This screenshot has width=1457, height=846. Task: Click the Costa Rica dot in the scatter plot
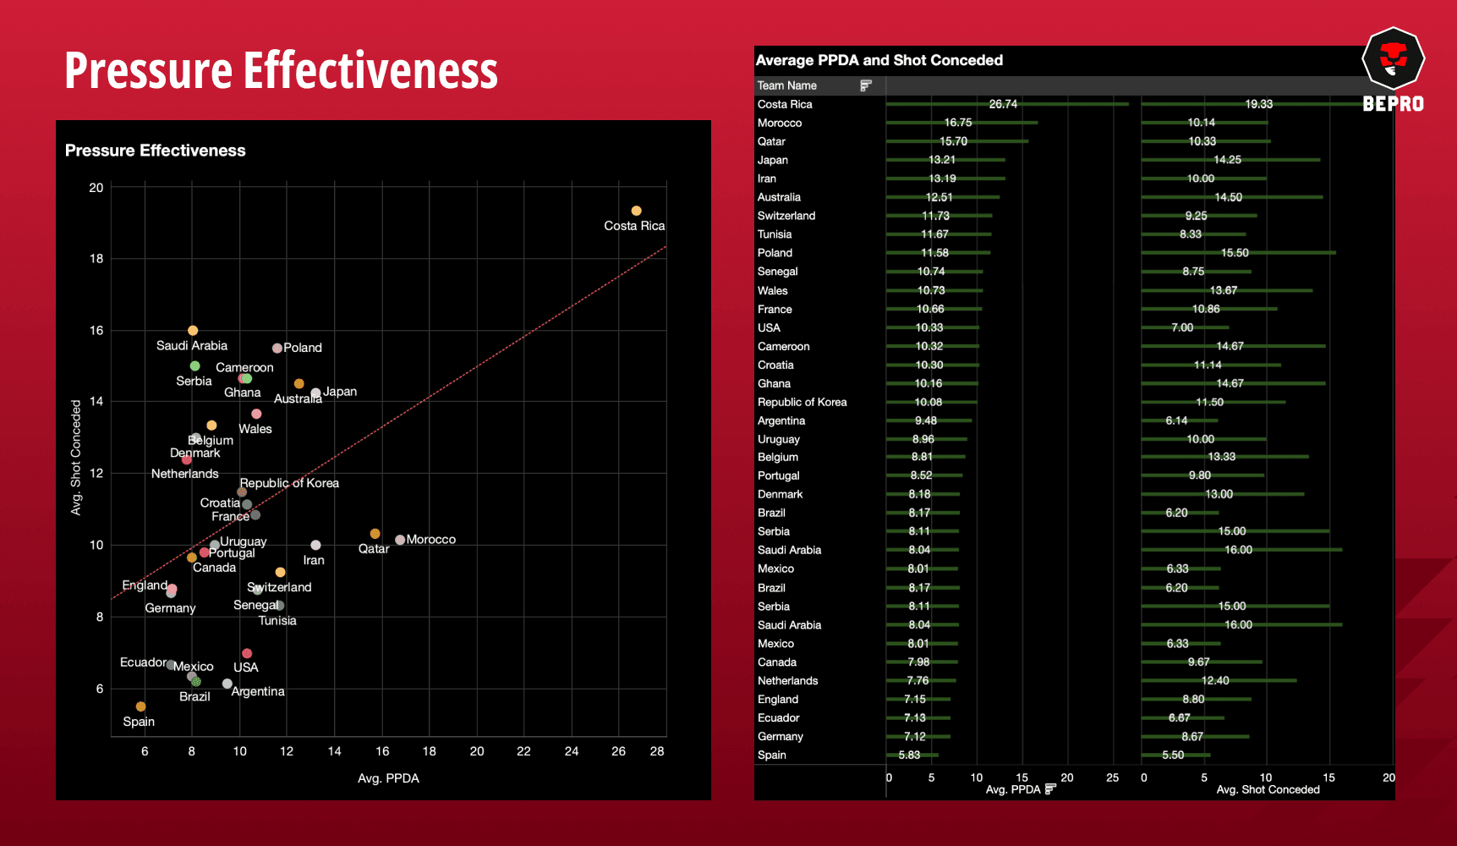coord(636,211)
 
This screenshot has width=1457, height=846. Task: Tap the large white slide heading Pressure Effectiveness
coord(281,70)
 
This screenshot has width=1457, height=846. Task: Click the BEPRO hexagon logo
coord(1393,58)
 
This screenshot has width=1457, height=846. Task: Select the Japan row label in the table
coord(772,160)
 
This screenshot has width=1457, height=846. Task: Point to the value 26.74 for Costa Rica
coord(1003,104)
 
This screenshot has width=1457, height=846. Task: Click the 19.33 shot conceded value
coord(1258,104)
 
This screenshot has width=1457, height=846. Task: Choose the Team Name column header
coord(786,85)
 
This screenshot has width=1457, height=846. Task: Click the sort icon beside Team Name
coord(865,85)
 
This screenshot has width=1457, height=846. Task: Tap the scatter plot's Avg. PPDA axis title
coord(388,778)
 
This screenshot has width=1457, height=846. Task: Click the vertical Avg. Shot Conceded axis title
coord(76,458)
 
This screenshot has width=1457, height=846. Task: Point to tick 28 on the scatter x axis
coord(656,751)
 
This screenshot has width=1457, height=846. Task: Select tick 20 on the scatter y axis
coord(96,188)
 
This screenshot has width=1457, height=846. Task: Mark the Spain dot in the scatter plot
coord(140,706)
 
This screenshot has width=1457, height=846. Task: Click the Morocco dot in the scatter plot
coord(400,540)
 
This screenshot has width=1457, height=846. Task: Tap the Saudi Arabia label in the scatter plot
coord(192,345)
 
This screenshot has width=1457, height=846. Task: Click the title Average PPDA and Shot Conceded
coord(879,60)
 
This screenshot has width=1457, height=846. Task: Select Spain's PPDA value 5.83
coord(909,755)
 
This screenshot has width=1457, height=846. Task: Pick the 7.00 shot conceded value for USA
coord(1182,327)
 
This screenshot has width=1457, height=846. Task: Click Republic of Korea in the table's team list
coord(802,402)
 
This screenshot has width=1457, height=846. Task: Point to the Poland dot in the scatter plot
coord(277,348)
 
